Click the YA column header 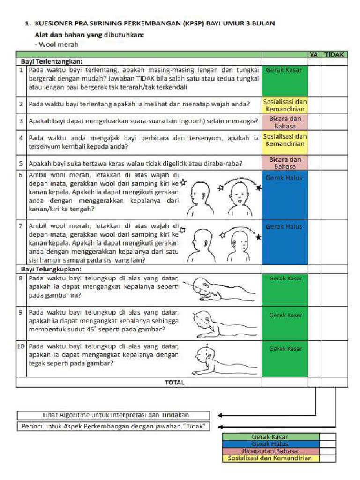(x=315, y=55)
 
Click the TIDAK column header (x=334, y=55)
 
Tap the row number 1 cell (x=21, y=70)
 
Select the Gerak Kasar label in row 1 (x=285, y=70)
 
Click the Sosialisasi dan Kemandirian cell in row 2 (x=285, y=105)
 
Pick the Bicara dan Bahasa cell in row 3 (x=285, y=122)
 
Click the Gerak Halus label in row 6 (x=285, y=178)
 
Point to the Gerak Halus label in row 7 (x=285, y=226)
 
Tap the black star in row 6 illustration (x=259, y=188)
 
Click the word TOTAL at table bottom (x=174, y=382)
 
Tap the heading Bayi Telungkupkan (x=51, y=269)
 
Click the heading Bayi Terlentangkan (x=52, y=61)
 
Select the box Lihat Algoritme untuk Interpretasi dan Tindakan (x=113, y=415)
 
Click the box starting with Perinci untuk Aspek (x=113, y=427)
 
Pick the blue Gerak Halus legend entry (x=270, y=444)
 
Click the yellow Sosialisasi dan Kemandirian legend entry (x=270, y=458)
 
